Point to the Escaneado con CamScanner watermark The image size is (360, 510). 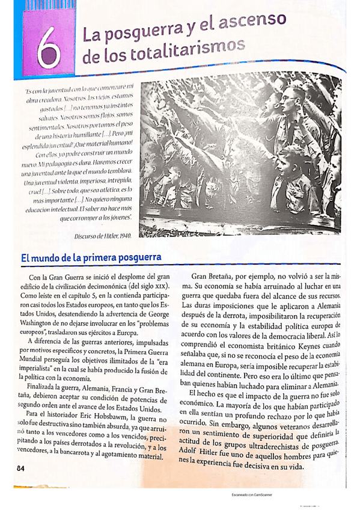pyautogui.click(x=252, y=495)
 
